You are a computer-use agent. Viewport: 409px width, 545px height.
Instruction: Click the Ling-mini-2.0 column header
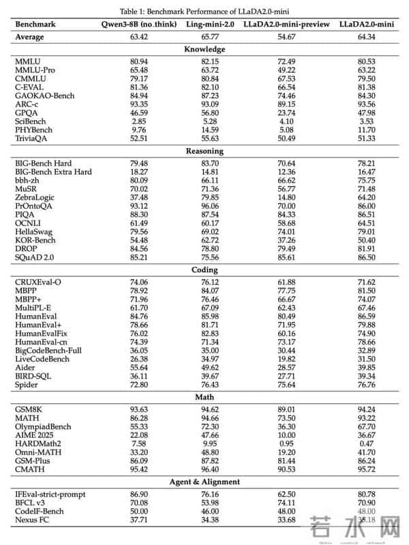pyautogui.click(x=209, y=24)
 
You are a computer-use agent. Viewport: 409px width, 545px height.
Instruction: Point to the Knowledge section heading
pyautogui.click(x=204, y=49)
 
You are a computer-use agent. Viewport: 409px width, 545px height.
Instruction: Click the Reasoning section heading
pyautogui.click(x=204, y=151)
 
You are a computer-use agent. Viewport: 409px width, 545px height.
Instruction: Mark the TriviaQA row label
pyautogui.click(x=34, y=139)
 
